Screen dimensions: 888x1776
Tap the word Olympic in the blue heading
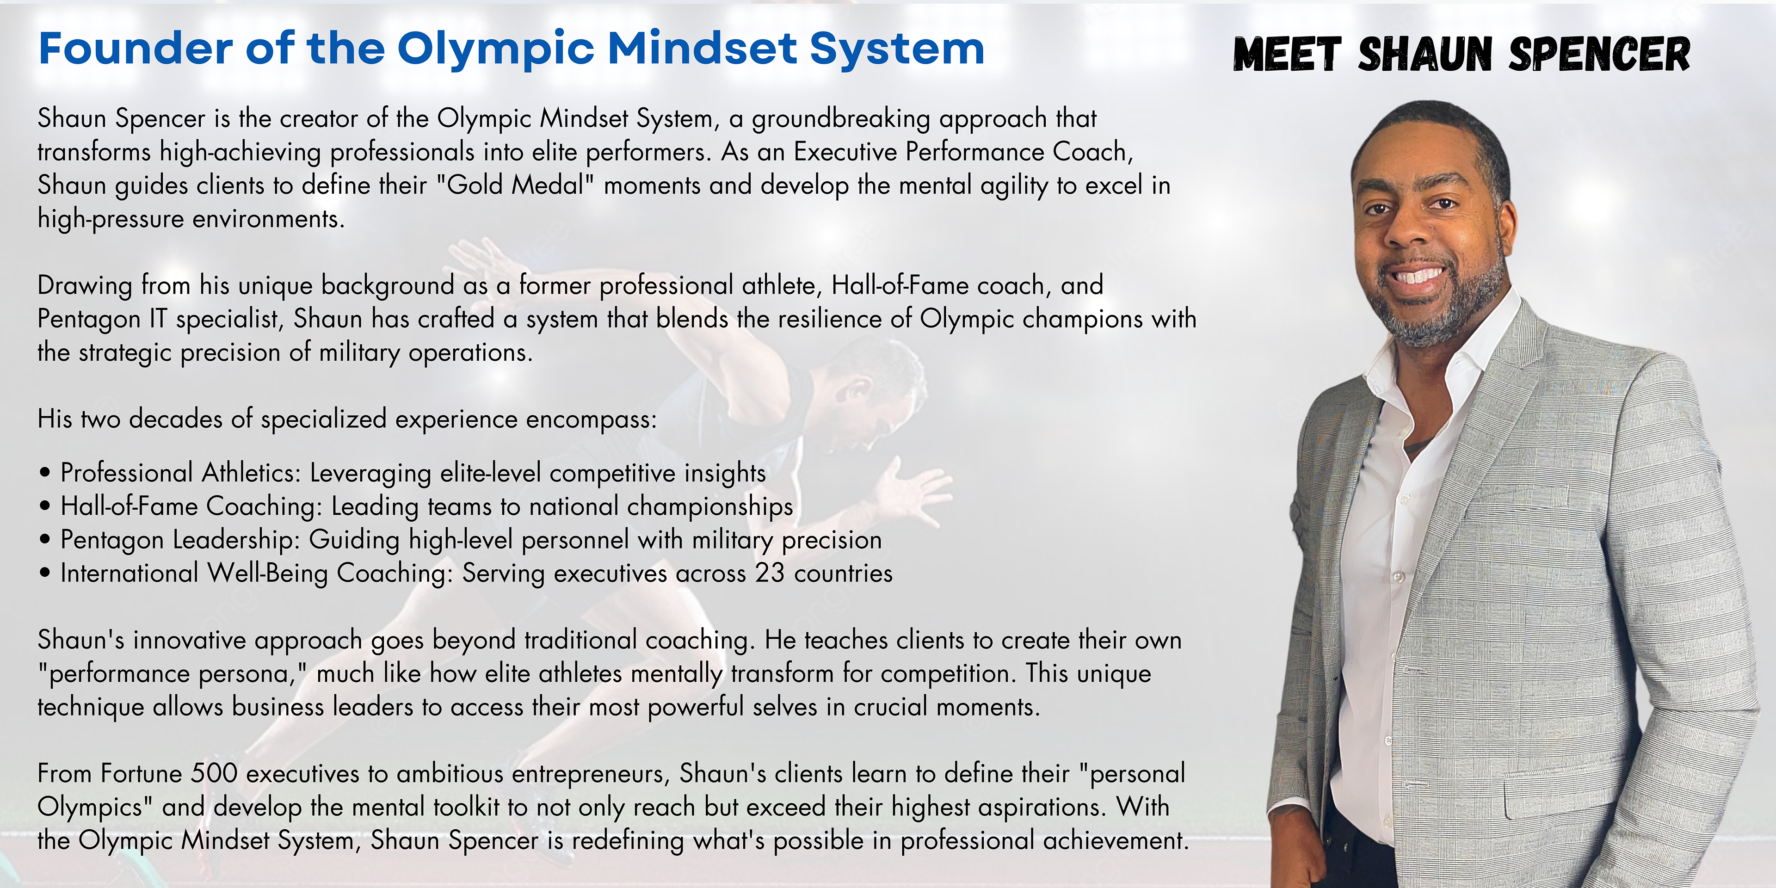point(495,49)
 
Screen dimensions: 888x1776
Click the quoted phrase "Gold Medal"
point(516,185)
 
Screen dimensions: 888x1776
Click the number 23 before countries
point(770,573)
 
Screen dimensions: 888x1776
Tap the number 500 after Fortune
point(215,774)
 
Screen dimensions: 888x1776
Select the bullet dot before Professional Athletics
point(45,474)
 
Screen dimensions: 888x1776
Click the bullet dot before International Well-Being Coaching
point(45,573)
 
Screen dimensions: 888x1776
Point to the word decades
point(175,419)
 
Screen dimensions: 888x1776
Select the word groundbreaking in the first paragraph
point(841,118)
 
